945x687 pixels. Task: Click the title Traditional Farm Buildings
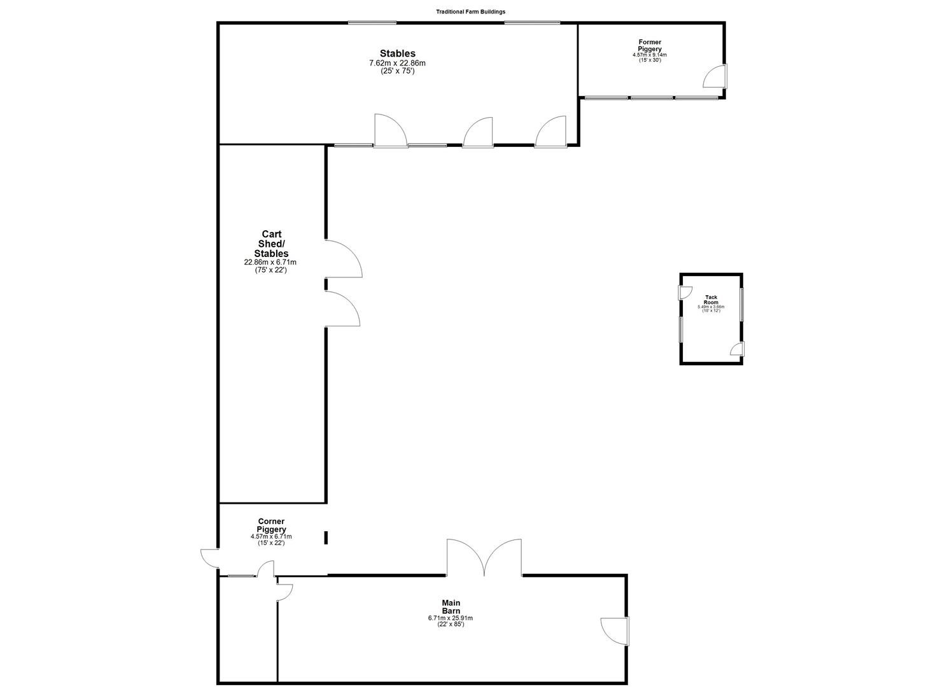click(x=470, y=11)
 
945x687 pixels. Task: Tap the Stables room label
click(x=398, y=53)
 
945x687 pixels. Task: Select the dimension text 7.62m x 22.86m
click(x=398, y=63)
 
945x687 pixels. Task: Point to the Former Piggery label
click(x=650, y=46)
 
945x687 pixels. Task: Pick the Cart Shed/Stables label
click(x=271, y=244)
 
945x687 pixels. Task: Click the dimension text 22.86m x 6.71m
click(x=271, y=262)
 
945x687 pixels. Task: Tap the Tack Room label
click(x=711, y=300)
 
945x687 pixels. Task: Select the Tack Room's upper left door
click(x=686, y=293)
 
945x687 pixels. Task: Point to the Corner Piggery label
click(x=271, y=525)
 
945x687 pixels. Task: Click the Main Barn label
click(x=451, y=607)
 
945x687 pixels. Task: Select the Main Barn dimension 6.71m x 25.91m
click(x=451, y=618)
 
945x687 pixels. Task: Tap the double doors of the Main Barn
click(x=484, y=558)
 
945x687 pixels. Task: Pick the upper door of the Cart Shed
click(x=342, y=259)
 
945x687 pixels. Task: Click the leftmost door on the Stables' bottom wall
click(x=391, y=131)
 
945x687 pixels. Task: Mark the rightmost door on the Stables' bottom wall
click(x=551, y=132)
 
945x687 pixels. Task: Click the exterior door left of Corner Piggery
click(x=210, y=558)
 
